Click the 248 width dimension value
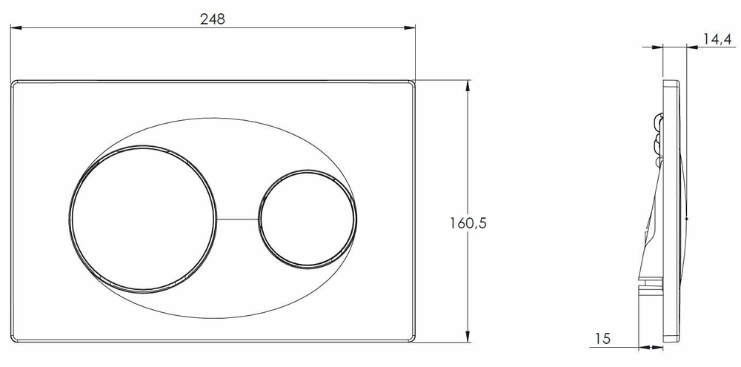(213, 19)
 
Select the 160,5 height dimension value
(468, 222)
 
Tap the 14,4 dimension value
(717, 39)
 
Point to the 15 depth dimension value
(602, 339)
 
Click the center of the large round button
(143, 219)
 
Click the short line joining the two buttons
(238, 219)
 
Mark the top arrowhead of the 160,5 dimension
(468, 86)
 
